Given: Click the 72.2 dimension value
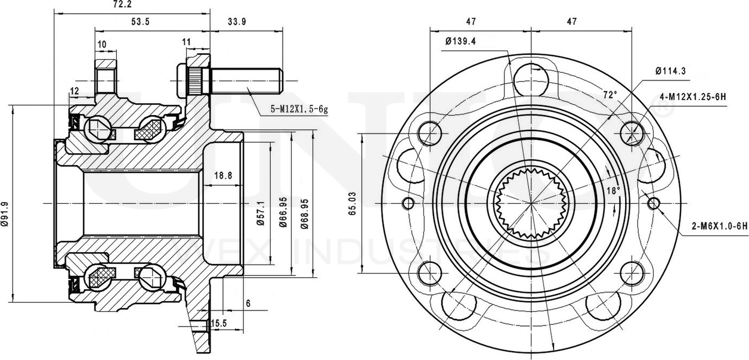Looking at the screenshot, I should pos(122,4).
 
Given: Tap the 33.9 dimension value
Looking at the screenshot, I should pos(237,21).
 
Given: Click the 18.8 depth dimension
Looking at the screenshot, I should pos(222,175).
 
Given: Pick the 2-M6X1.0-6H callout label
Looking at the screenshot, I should pos(719,226).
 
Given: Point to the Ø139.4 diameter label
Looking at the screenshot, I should pos(464,41).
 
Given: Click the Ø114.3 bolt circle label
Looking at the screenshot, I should pos(670,70).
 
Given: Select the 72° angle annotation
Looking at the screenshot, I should pos(609,94).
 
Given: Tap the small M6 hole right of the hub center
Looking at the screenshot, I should pos(654,204).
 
